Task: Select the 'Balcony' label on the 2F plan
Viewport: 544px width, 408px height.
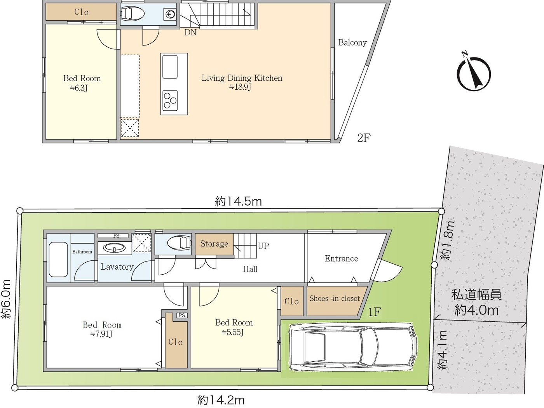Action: pyautogui.click(x=352, y=43)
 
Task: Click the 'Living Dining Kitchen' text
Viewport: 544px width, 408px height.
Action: pyautogui.click(x=242, y=78)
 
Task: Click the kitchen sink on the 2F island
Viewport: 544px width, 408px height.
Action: pyautogui.click(x=170, y=67)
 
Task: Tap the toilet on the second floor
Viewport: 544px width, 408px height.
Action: pyautogui.click(x=133, y=14)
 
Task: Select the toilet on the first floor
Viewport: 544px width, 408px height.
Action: pyautogui.click(x=179, y=243)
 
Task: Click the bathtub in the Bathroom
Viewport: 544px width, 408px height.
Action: pyautogui.click(x=59, y=259)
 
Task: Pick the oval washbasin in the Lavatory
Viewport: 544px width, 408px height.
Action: pyautogui.click(x=114, y=248)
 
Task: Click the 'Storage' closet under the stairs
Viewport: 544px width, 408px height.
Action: pyautogui.click(x=214, y=244)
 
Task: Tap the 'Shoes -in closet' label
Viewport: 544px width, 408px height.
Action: pyautogui.click(x=334, y=298)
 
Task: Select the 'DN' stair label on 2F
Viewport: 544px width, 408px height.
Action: pyautogui.click(x=190, y=33)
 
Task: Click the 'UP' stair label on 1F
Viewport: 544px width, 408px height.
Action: pyautogui.click(x=263, y=246)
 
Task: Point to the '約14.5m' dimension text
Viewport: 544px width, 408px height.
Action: pyautogui.click(x=238, y=201)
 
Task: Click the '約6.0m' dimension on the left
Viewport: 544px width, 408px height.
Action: pyautogui.click(x=6, y=299)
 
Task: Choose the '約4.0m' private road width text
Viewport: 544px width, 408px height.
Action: pyautogui.click(x=476, y=310)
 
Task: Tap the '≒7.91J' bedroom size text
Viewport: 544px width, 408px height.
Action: pyautogui.click(x=101, y=334)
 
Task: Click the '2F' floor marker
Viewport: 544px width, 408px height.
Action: pyautogui.click(x=364, y=138)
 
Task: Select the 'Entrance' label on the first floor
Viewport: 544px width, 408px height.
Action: pyautogui.click(x=341, y=259)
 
